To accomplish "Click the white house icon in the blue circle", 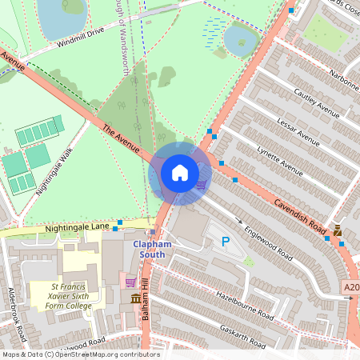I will pos(180,173).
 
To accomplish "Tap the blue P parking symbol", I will pos(225,241).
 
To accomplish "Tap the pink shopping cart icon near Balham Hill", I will pos(130,282).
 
